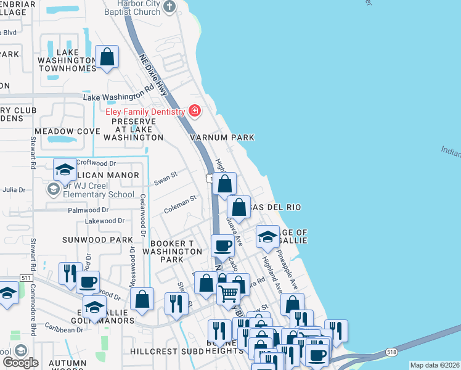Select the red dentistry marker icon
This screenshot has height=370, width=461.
[195, 111]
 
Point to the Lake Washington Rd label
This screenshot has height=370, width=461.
[118, 96]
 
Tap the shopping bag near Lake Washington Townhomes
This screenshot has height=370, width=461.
[107, 57]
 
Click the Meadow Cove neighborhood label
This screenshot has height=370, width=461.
[67, 131]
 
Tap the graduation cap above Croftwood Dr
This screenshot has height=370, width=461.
[64, 168]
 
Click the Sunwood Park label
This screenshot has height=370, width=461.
[97, 239]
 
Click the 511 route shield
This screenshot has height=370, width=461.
[26, 278]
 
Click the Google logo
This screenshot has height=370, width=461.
[21, 363]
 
